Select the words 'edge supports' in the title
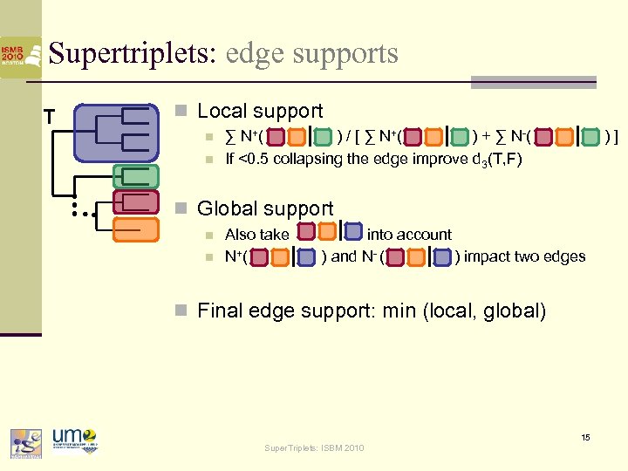coord(311,54)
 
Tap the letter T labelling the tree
coord(50,116)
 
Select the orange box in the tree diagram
coord(135,229)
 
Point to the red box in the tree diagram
coord(135,202)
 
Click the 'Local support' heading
coord(260,112)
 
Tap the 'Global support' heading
coord(265,208)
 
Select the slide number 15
coord(586,437)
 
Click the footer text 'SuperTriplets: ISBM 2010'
coord(314,448)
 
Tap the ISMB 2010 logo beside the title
coord(20,57)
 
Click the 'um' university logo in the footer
coord(73,440)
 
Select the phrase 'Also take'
coord(256,234)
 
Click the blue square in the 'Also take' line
coord(353,233)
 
